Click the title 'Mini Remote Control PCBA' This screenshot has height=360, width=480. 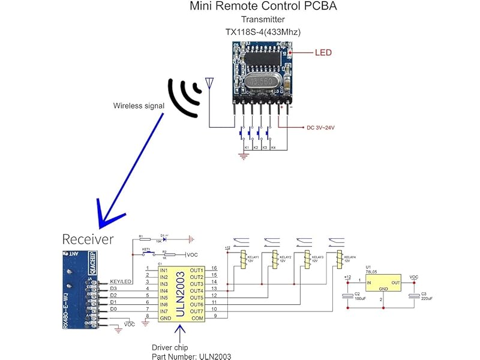point(263,7)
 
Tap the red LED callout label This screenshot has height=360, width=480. point(323,53)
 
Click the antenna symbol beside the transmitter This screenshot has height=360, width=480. point(209,83)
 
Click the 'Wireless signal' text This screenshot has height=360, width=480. point(139,106)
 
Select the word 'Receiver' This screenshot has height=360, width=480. point(88,239)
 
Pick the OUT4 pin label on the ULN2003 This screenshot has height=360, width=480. point(197,290)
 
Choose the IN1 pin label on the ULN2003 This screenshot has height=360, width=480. point(164,271)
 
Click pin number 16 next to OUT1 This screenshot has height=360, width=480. point(214,268)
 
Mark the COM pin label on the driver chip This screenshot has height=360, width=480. point(197,318)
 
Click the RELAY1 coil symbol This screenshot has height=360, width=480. point(244,260)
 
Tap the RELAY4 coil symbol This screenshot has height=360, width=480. point(340,260)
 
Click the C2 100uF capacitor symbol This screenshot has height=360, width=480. point(346,296)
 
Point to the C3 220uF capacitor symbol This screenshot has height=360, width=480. point(413,296)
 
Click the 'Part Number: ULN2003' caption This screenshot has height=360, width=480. point(191,356)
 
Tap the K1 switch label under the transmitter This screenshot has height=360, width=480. point(246,147)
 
